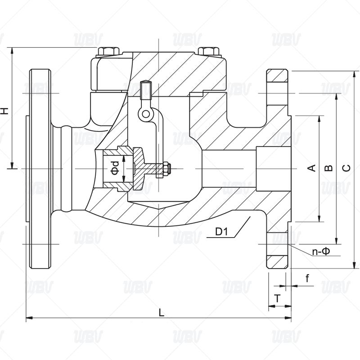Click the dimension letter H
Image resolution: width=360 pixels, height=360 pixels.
point(5,110)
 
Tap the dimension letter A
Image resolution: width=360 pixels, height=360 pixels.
point(310,168)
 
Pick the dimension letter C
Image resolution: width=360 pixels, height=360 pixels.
point(346,168)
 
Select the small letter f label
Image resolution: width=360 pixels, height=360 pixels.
point(307,279)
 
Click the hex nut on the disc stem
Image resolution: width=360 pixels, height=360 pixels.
point(166,169)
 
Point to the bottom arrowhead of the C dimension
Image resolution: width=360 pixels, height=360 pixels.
point(355,265)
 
